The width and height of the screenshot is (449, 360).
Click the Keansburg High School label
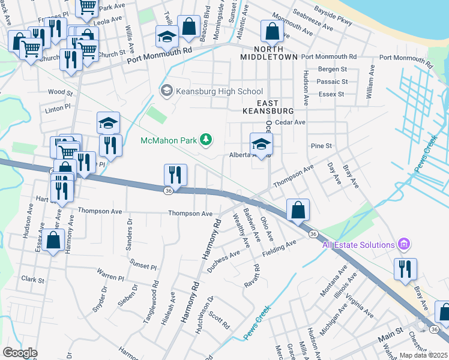[x=219, y=91]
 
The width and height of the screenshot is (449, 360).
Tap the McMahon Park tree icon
[x=206, y=140]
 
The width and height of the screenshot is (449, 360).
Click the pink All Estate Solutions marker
[x=404, y=244]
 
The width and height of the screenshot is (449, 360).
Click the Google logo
[x=20, y=353]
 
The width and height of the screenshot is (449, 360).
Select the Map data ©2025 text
[x=423, y=355]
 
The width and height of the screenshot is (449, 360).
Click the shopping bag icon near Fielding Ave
[x=298, y=210]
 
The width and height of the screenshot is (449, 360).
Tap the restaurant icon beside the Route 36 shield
[x=175, y=175]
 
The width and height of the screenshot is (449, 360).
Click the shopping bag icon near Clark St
[x=53, y=241]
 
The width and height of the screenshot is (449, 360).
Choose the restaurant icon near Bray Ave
[x=406, y=269]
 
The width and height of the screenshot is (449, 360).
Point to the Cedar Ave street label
[x=291, y=122]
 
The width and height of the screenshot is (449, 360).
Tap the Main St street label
[x=390, y=331]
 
